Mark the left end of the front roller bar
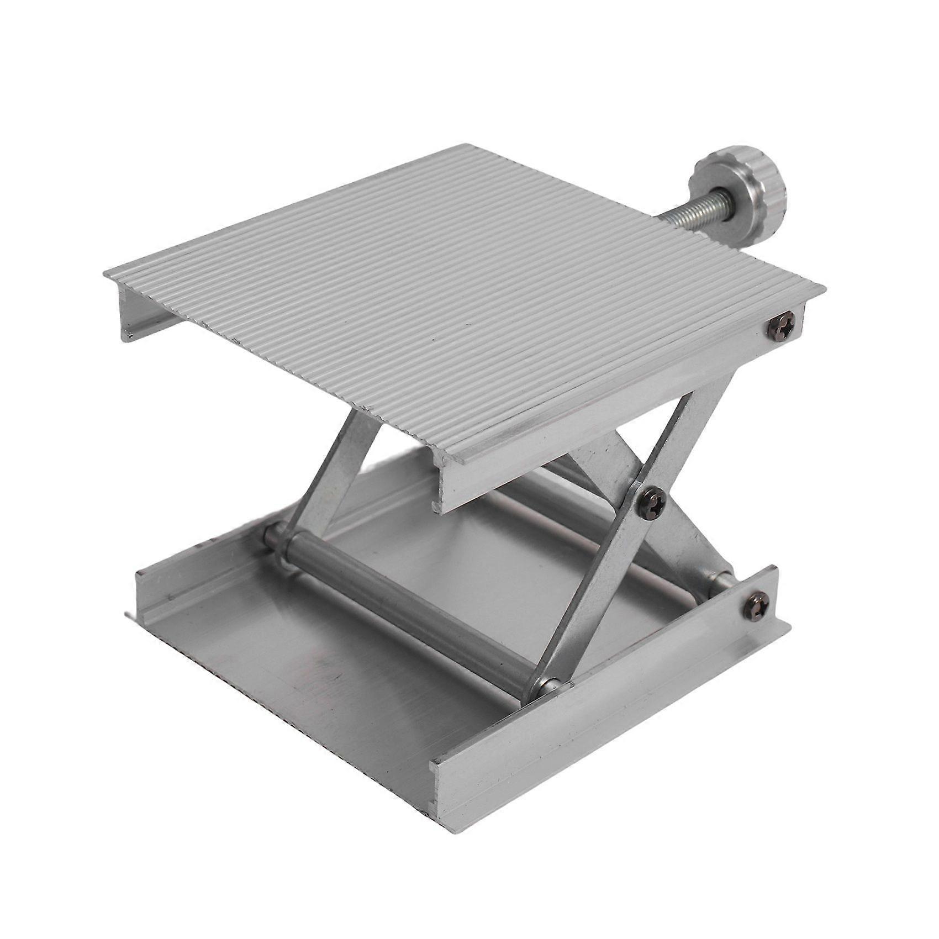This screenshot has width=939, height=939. [273, 539]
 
